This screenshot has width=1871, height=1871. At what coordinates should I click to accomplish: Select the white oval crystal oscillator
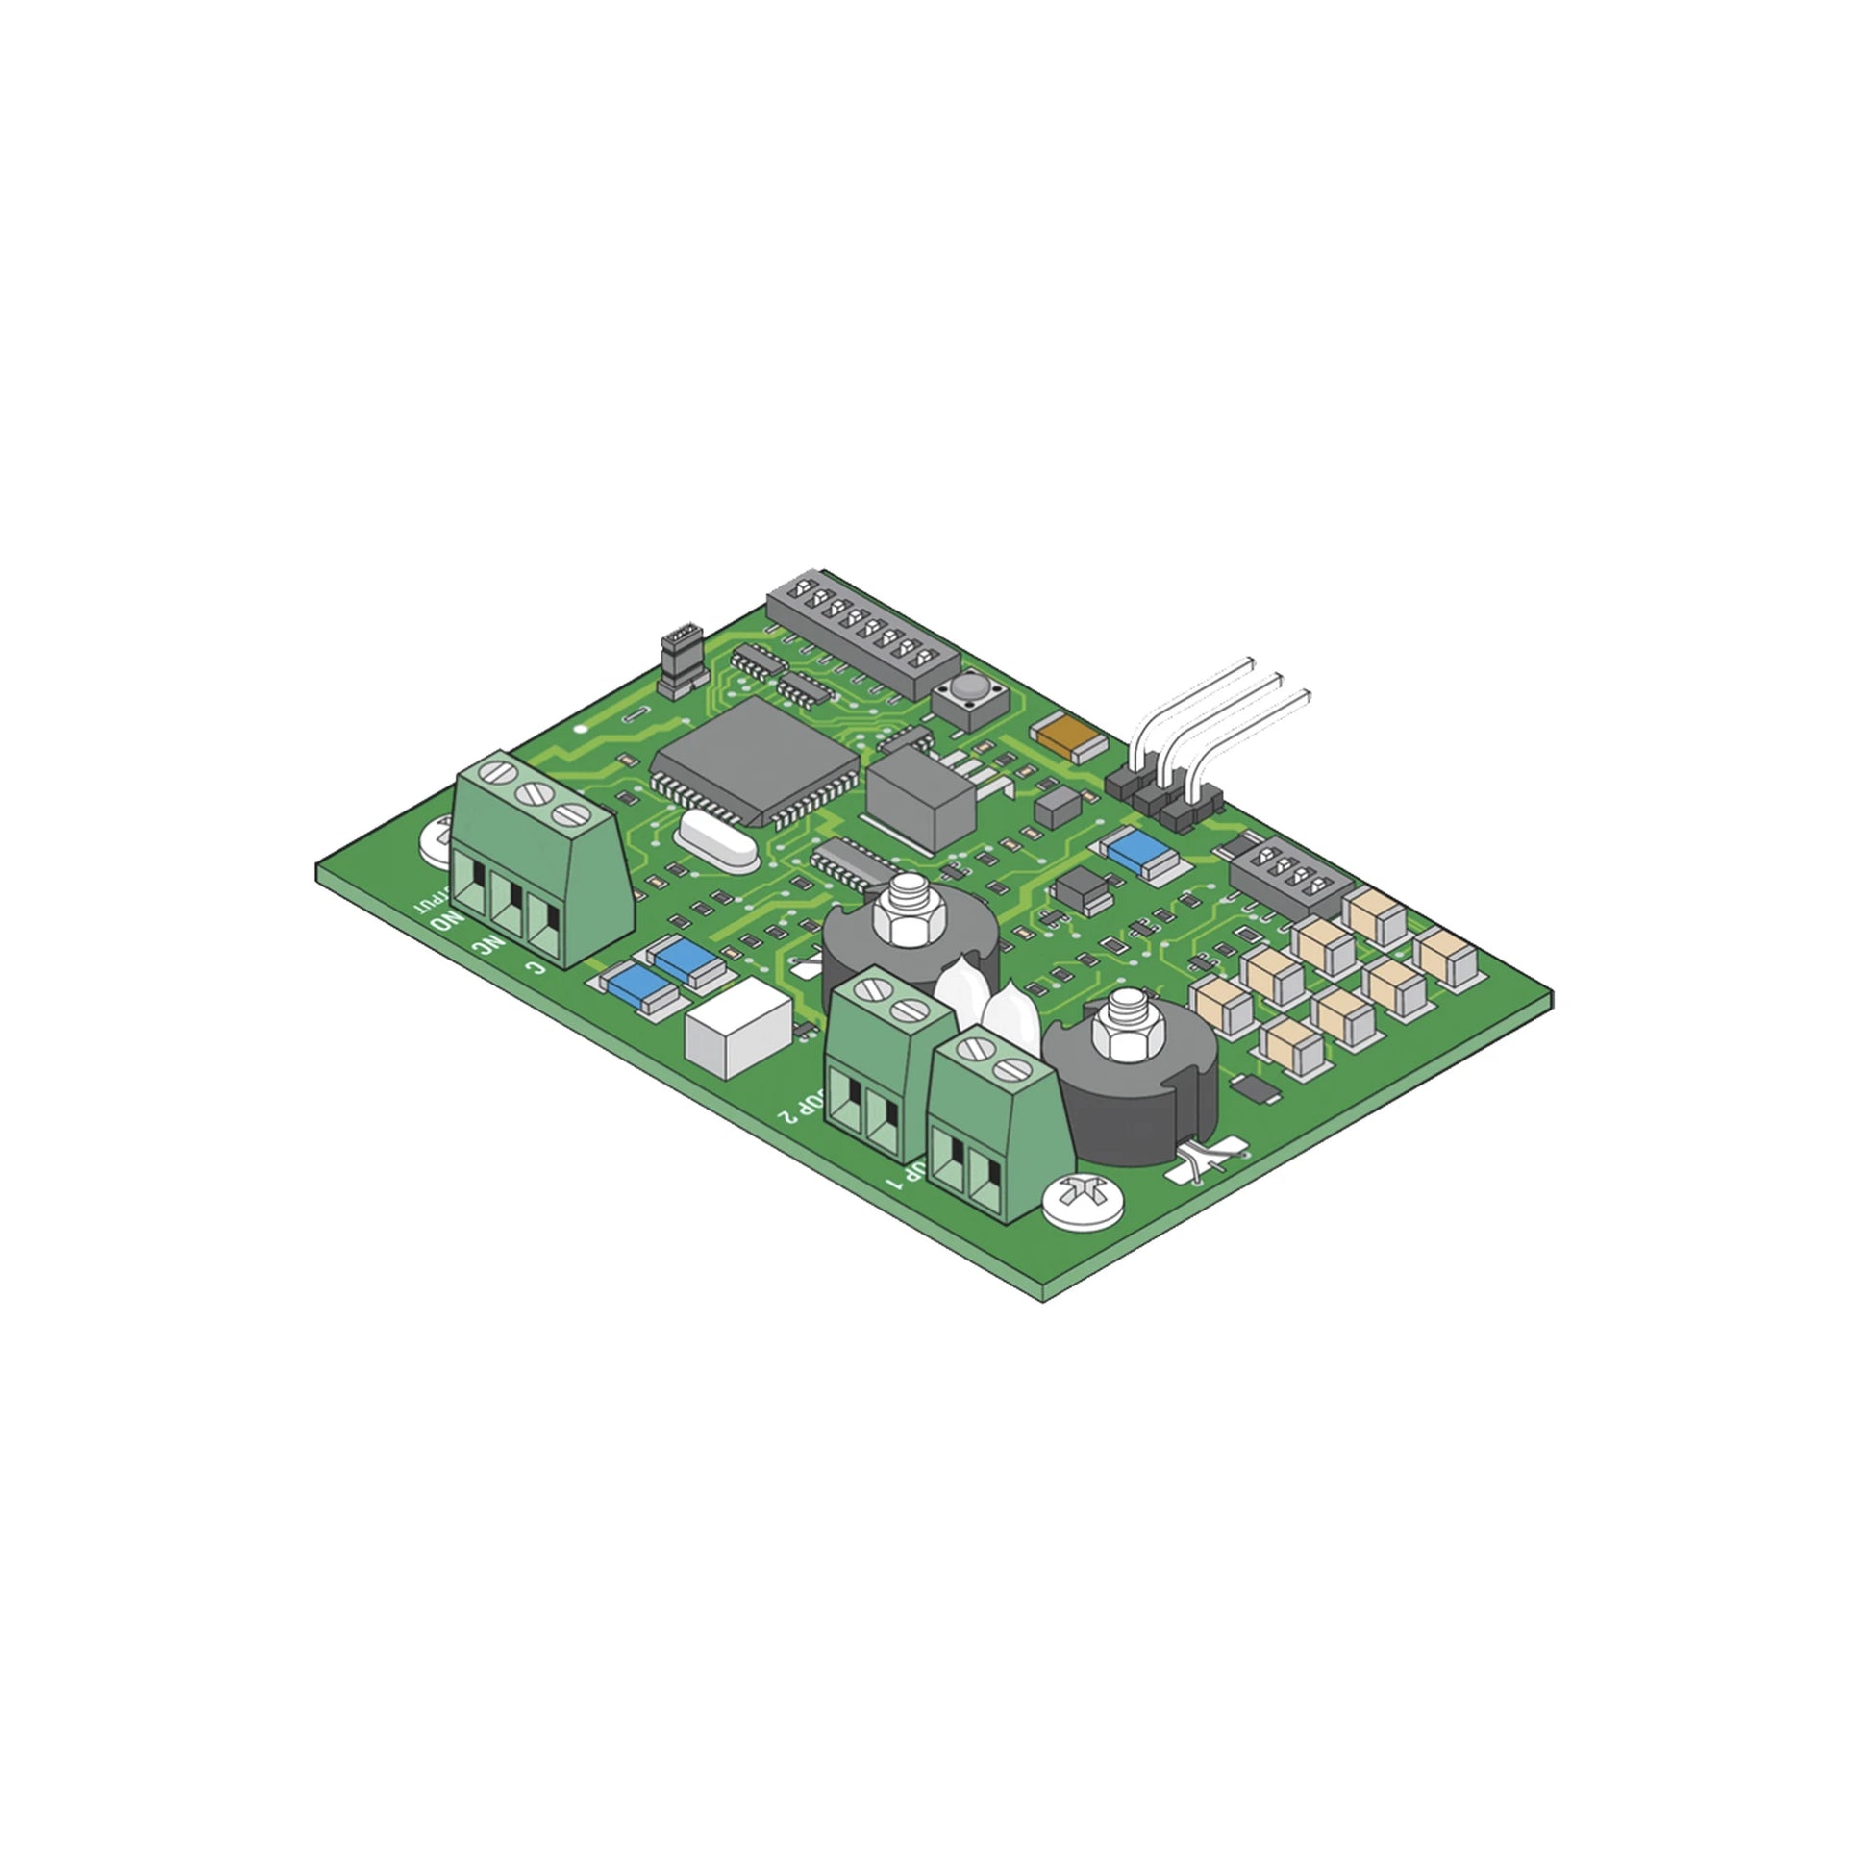[718, 841]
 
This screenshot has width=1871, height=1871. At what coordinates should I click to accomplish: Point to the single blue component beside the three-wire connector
[1139, 851]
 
